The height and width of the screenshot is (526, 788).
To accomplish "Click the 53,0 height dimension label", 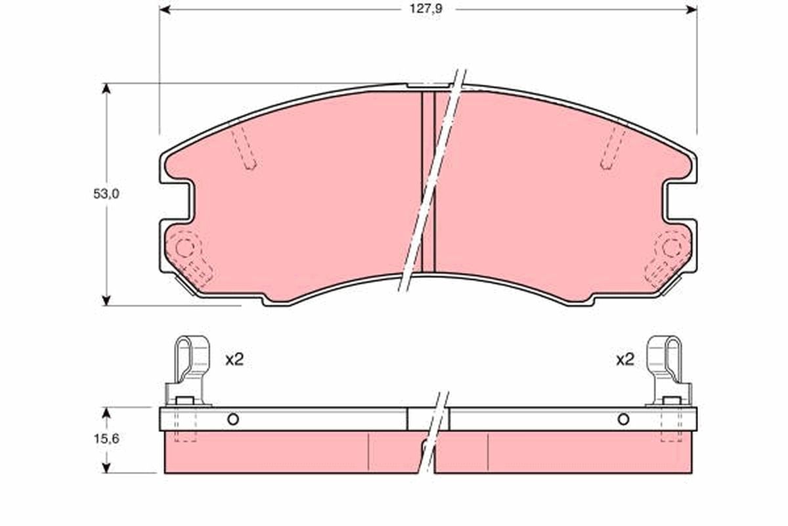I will click(x=105, y=194).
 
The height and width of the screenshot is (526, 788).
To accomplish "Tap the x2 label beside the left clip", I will click(x=234, y=360).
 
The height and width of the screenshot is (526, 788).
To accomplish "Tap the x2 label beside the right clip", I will click(x=625, y=360).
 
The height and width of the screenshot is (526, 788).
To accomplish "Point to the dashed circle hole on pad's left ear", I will click(x=185, y=248).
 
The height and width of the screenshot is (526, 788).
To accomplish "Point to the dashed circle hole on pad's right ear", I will click(x=670, y=248).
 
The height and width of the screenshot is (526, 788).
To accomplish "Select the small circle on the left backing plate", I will click(x=232, y=419).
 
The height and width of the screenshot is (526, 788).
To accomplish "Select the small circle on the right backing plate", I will click(x=623, y=419).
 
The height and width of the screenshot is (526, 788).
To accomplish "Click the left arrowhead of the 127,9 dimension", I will click(x=165, y=10).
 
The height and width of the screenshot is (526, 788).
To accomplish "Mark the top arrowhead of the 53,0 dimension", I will click(x=106, y=88).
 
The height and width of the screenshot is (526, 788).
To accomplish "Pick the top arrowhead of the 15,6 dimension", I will click(x=106, y=412).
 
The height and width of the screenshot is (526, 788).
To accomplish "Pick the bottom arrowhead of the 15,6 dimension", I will click(x=106, y=468).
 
